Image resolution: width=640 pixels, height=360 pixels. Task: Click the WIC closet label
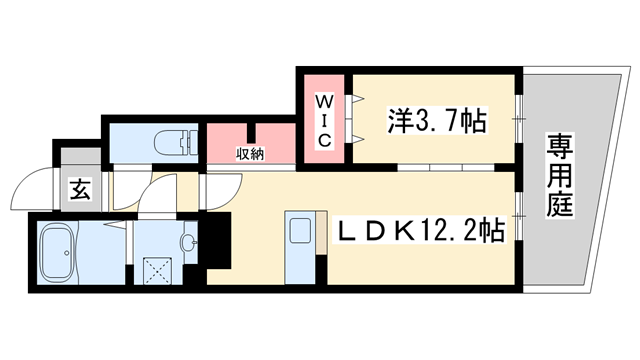tap(324, 121)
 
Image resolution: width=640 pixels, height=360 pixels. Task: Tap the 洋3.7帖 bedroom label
tap(437, 122)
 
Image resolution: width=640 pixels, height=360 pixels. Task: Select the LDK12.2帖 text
tap(418, 231)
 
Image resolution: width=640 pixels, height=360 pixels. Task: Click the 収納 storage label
tap(250, 153)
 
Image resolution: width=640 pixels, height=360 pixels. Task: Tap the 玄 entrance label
tap(80, 189)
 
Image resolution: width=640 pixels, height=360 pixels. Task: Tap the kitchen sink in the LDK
tap(300, 233)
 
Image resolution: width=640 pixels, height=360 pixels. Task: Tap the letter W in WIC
tap(324, 102)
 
